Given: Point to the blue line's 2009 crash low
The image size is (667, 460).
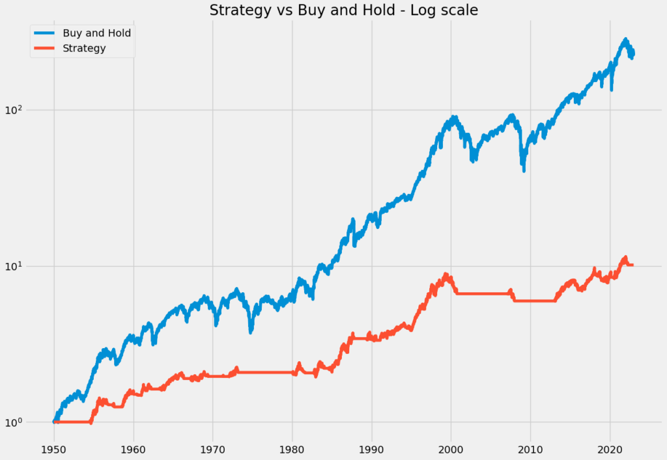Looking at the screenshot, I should point(524,170).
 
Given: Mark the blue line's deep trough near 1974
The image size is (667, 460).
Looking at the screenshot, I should point(251,332).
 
